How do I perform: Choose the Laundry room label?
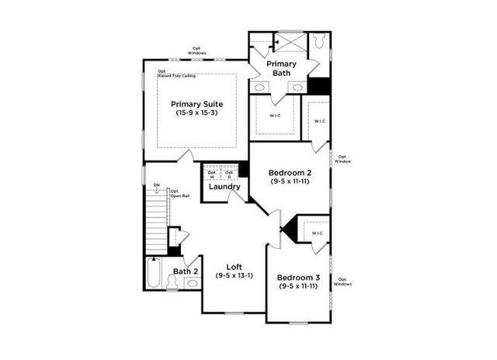[224, 187]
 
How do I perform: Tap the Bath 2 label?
[185, 271]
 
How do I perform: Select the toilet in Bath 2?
[172, 283]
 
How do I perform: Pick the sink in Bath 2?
[191, 283]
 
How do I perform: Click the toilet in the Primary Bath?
[320, 43]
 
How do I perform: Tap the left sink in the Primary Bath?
[260, 88]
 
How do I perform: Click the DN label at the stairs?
[156, 185]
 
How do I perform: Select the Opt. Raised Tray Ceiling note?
[176, 75]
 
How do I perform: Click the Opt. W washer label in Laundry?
[211, 175]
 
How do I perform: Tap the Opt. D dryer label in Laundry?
[229, 175]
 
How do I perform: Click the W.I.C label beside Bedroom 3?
[317, 234]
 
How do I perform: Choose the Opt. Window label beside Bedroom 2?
[344, 159]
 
